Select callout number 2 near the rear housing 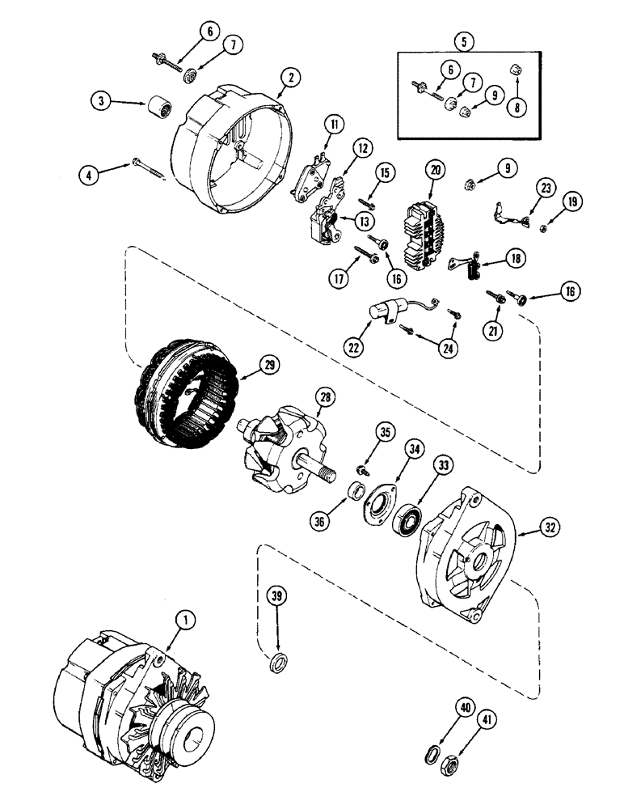pyautogui.click(x=286, y=78)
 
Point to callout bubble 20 pyautogui.click(x=436, y=170)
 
